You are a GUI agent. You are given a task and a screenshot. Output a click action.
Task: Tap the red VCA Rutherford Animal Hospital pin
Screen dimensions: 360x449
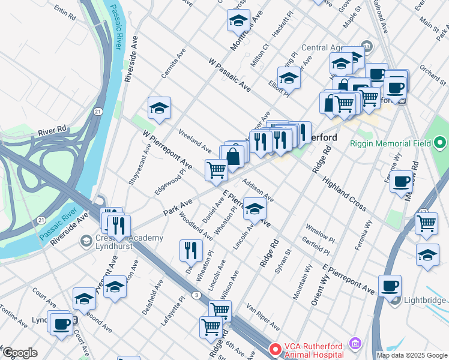pos(274,348)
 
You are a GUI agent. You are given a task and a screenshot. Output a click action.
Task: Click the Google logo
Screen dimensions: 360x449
pos(20,353)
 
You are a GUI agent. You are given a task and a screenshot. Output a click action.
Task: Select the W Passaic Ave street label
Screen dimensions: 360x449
pos(230,74)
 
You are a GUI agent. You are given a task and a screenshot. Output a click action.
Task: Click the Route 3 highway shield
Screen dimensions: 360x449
pos(196,294)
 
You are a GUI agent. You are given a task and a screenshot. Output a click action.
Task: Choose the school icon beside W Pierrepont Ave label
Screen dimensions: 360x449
pos(159,108)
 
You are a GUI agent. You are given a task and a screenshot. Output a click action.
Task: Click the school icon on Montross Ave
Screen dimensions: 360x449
pos(238,22)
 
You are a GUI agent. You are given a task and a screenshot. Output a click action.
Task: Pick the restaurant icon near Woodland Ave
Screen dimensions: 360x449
pos(191,250)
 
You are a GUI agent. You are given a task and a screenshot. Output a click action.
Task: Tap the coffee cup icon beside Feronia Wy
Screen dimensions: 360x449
pos(401,181)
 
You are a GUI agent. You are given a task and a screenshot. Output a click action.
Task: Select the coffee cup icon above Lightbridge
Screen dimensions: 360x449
pos(390,286)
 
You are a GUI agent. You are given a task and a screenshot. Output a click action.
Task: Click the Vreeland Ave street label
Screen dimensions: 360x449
pos(195,140)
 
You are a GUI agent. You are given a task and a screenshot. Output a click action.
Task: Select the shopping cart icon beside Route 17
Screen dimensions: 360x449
pos(426,223)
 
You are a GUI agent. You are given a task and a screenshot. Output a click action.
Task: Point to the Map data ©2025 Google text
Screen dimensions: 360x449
pos(411,355)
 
